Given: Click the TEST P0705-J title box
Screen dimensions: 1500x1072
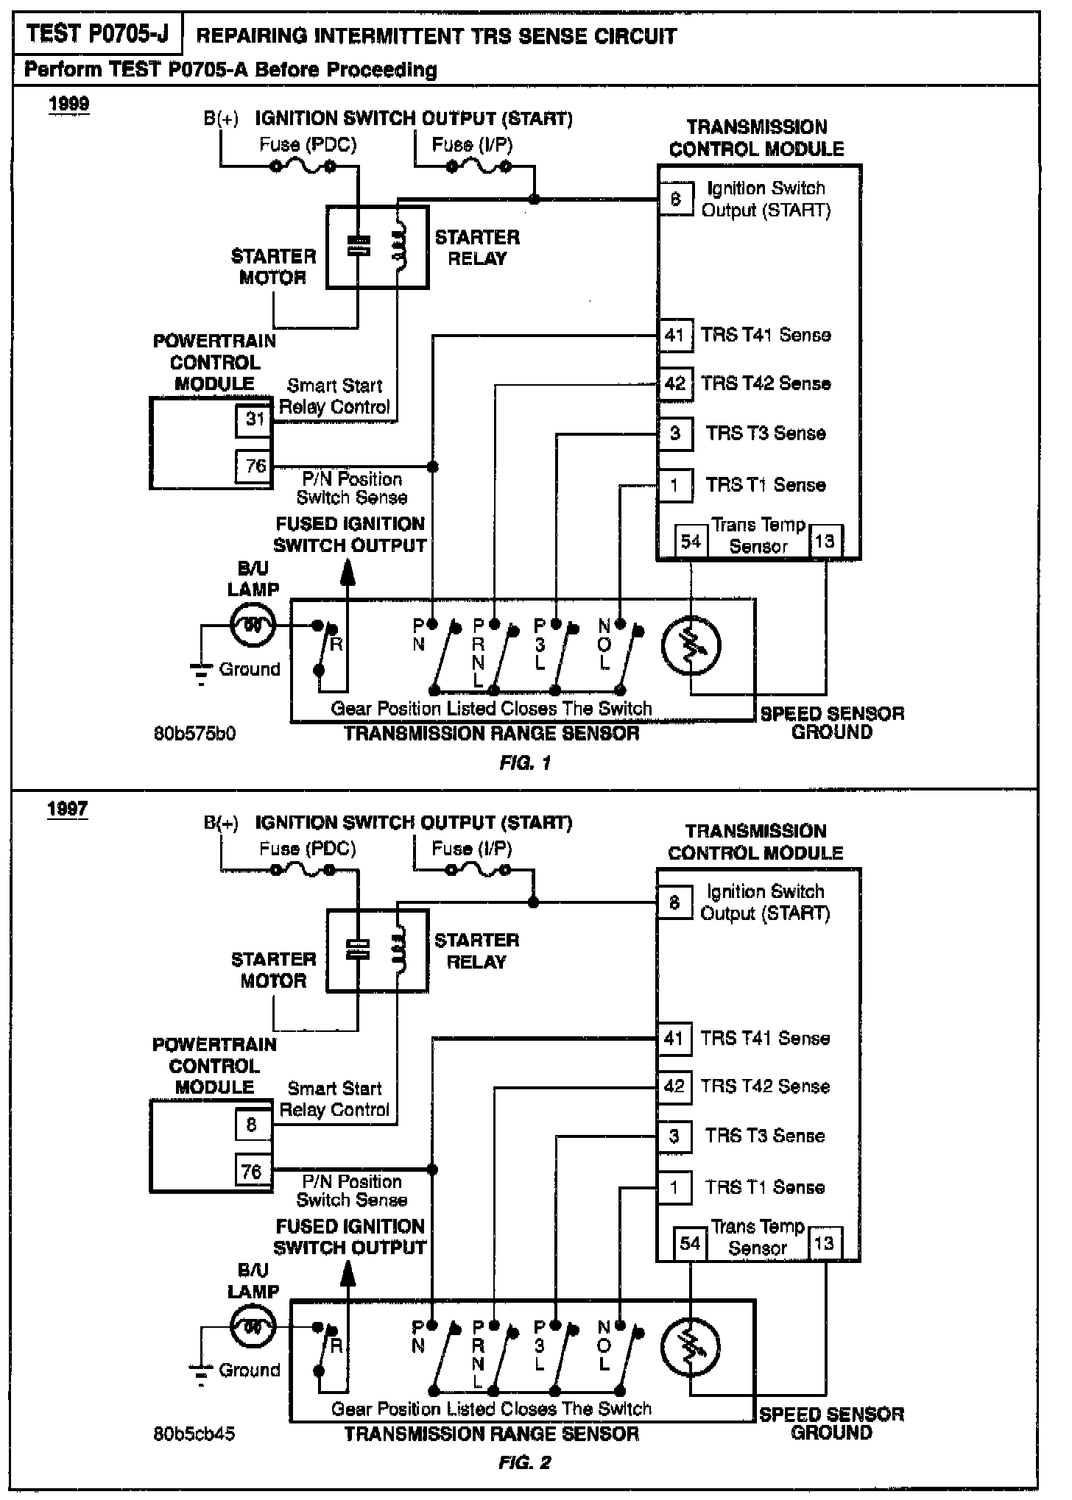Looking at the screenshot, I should [x=98, y=34].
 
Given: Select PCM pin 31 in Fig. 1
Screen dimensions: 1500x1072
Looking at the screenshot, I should [x=254, y=420].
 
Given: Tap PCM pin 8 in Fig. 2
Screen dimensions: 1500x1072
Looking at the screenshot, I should [x=252, y=1125].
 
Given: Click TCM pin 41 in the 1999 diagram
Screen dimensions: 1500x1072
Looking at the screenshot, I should [x=674, y=336].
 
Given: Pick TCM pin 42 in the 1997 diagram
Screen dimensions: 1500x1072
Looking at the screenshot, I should [x=674, y=1086].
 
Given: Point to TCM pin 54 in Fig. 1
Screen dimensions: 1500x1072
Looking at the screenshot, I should [x=691, y=542].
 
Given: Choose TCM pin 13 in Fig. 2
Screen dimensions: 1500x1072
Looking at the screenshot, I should [x=824, y=1243].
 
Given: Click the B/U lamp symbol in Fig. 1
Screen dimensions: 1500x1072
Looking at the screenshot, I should [x=253, y=626].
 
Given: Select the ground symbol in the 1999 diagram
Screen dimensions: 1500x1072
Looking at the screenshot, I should [x=201, y=673].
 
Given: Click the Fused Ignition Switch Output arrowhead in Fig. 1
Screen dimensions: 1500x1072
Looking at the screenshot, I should [x=347, y=571].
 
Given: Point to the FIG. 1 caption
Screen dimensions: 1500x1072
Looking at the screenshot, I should [x=525, y=763].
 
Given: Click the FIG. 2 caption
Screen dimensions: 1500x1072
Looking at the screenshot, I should [x=524, y=1462].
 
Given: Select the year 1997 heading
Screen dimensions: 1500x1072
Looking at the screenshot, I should [x=68, y=809].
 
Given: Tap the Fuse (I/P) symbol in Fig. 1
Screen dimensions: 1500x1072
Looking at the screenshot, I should [x=479, y=167].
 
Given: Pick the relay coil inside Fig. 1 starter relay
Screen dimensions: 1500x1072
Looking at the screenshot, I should [x=399, y=246].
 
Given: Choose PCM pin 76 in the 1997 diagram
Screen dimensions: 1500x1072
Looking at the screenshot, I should [x=252, y=1171].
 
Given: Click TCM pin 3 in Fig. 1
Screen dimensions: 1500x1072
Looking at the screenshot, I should [x=674, y=433].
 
